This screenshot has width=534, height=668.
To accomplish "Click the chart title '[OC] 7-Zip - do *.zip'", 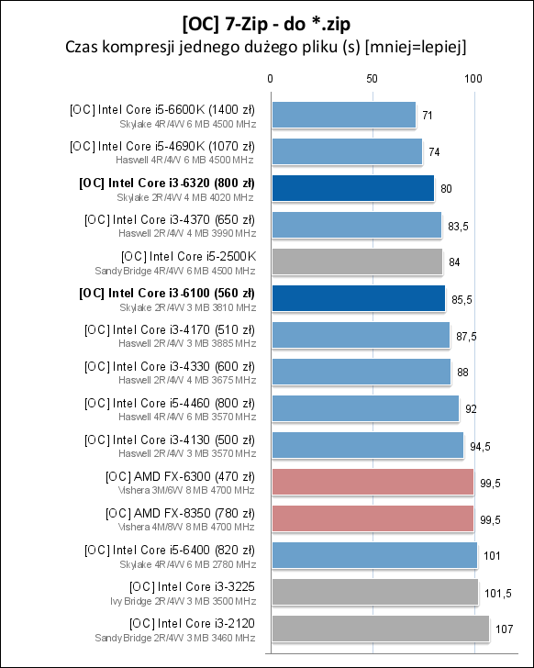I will [x=266, y=21].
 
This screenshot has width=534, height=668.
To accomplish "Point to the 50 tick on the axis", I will [x=372, y=80].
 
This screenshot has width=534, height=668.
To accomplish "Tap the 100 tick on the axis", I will [x=473, y=80].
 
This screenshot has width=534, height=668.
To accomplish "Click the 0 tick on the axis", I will [x=270, y=80].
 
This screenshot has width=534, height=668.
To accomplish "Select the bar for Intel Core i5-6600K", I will [x=342, y=115].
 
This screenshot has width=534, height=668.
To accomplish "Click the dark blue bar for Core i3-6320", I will [x=351, y=188].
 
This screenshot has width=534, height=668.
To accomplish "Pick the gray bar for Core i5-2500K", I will [x=356, y=262].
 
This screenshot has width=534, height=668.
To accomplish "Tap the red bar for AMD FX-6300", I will [x=372, y=482].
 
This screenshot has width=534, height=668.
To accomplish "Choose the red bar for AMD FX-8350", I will [x=372, y=518].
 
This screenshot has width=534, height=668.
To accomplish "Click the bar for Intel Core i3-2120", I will [x=379, y=629].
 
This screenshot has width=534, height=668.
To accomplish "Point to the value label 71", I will [x=428, y=116].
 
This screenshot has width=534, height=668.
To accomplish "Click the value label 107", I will [x=504, y=629].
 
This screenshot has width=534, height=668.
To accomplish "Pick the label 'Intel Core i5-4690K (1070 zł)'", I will [x=162, y=146].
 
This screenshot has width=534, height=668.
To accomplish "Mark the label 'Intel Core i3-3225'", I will [x=193, y=586].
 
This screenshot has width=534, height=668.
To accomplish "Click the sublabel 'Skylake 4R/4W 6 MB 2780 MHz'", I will [x=187, y=563].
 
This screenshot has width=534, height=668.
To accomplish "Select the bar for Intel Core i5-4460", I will [x=364, y=408].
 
